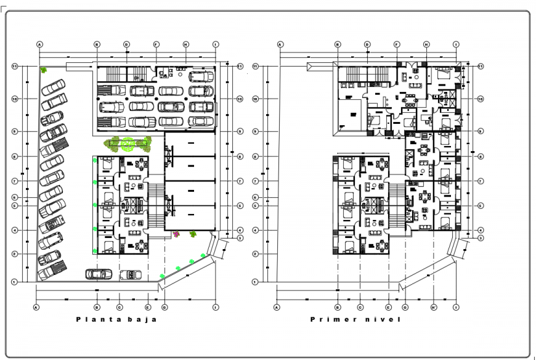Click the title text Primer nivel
click(x=355, y=319)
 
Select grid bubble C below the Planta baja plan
click(x=118, y=306)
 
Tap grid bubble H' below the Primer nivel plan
click(x=434, y=306)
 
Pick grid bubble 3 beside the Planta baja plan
click(x=240, y=238)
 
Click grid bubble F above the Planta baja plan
click(x=156, y=44)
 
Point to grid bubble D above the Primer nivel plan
click(x=367, y=44)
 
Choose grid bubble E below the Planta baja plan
click(x=148, y=306)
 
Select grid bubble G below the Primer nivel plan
click(x=405, y=306)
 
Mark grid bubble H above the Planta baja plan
click(x=185, y=44)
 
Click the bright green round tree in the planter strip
click(x=128, y=144)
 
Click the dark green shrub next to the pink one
click(x=193, y=234)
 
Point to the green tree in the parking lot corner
click(x=44, y=70)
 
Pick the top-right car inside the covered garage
click(x=201, y=76)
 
